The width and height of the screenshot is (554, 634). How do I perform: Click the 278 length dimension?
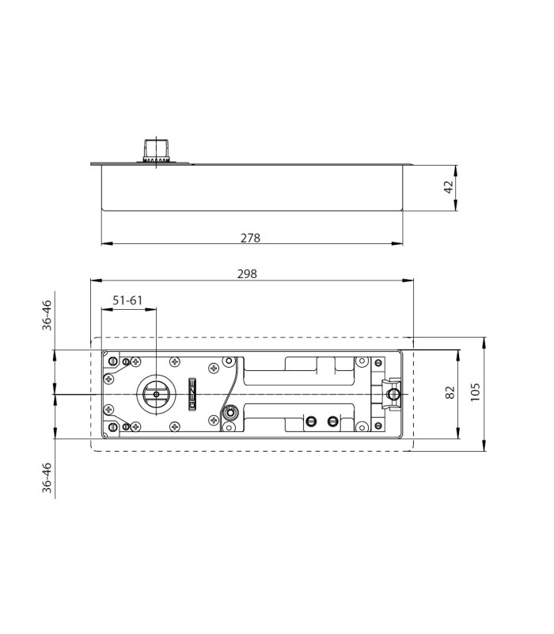250,239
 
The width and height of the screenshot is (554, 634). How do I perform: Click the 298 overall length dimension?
247,274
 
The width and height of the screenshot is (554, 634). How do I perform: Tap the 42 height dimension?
449,187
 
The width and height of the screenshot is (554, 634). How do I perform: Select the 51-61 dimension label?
127,300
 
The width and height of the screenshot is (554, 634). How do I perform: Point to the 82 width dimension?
450,392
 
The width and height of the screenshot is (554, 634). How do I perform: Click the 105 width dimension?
476,391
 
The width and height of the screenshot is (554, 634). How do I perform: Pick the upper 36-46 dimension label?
47,315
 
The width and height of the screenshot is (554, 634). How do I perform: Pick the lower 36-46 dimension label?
47,478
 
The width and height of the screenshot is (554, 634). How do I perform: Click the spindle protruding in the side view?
156,150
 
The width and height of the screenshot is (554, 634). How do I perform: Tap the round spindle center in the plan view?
156,394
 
